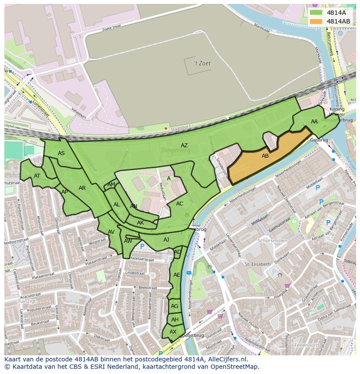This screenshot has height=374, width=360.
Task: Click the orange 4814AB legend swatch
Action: (x=317, y=21)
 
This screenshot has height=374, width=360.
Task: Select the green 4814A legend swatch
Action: (x=317, y=13)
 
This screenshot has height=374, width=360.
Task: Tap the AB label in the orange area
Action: (x=265, y=156)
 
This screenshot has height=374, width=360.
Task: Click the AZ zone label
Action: (x=184, y=146)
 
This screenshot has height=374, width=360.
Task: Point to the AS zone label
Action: (x=61, y=153)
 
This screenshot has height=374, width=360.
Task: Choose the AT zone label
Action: (x=37, y=176)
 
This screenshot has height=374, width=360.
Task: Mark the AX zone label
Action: (x=173, y=331)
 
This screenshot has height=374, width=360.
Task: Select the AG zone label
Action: (x=174, y=306)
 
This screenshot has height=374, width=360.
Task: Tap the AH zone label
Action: (x=175, y=319)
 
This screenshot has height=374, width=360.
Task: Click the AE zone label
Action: (x=177, y=275)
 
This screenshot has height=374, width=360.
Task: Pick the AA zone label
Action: (x=314, y=122)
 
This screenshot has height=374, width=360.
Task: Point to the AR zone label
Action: (x=82, y=188)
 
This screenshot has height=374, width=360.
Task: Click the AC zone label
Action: (x=180, y=203)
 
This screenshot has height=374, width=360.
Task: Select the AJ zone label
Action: (x=166, y=239)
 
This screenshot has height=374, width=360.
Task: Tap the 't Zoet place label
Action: (x=202, y=63)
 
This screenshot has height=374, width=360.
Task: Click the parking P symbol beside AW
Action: (x=142, y=246)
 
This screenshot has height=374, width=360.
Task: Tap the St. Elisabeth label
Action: (x=257, y=264)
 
